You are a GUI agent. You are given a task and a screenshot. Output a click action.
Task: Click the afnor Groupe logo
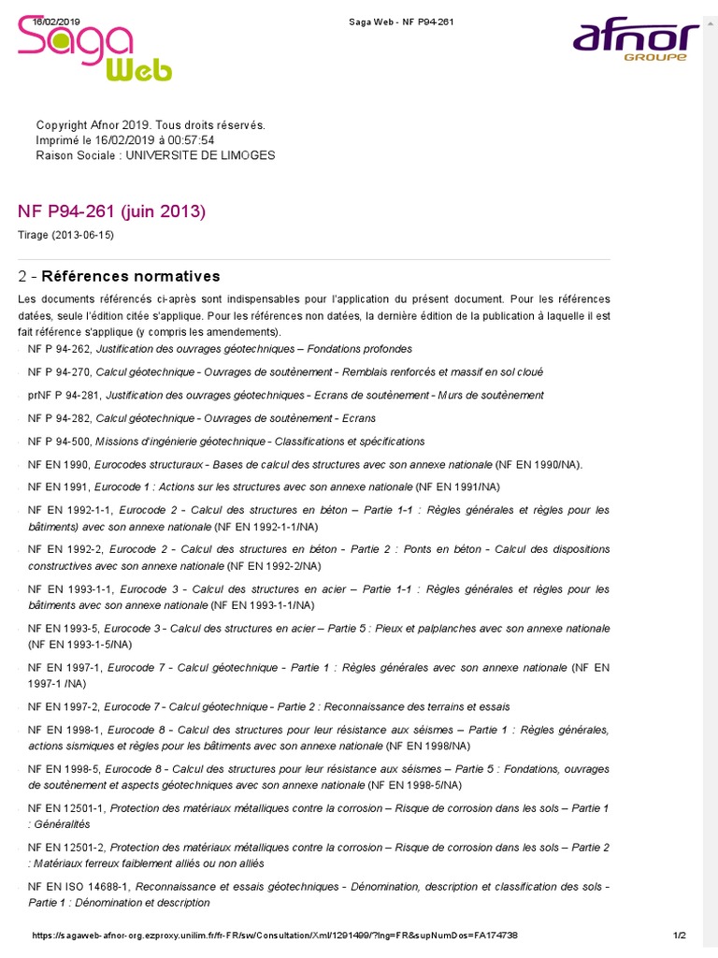tap(635, 41)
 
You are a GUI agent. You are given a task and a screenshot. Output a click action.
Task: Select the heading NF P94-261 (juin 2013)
tap(111, 211)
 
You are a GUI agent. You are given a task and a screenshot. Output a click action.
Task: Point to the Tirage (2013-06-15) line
tap(65, 235)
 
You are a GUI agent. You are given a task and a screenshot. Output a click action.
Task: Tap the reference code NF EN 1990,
tap(59, 464)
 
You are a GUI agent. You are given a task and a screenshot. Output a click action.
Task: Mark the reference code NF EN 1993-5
tap(63, 630)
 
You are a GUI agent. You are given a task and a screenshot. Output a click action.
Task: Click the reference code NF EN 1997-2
tap(63, 706)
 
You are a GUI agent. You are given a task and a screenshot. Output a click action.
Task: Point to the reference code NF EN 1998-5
tap(63, 769)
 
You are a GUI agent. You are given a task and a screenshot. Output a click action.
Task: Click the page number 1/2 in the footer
tap(680, 936)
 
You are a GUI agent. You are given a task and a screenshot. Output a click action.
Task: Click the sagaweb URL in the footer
tap(275, 936)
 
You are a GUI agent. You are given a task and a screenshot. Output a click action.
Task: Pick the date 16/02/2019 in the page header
tap(57, 21)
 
